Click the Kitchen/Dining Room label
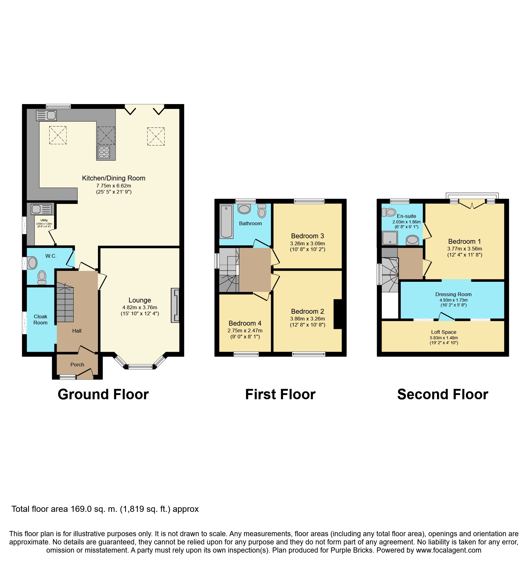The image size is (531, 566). [x=114, y=178]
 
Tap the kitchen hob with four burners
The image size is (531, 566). [x=104, y=152]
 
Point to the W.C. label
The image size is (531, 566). [x=51, y=256]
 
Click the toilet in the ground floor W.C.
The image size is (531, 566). [x=42, y=277]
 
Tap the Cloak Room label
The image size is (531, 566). [x=40, y=320]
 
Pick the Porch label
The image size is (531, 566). [x=77, y=365]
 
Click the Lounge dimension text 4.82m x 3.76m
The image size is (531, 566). [x=140, y=307]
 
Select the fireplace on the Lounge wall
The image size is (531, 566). [x=175, y=305]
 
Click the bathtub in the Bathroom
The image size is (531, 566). [x=226, y=221]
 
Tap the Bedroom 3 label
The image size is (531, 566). [x=307, y=236]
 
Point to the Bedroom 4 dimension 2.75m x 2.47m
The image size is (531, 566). [x=245, y=330]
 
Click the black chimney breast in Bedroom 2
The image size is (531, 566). [x=338, y=314]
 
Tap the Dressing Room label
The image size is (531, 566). [x=453, y=294]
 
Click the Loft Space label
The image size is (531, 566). [x=444, y=332]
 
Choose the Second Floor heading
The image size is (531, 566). [x=443, y=394]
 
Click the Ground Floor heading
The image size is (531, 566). [x=103, y=394]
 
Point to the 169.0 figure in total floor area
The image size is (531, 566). [x=81, y=509]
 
